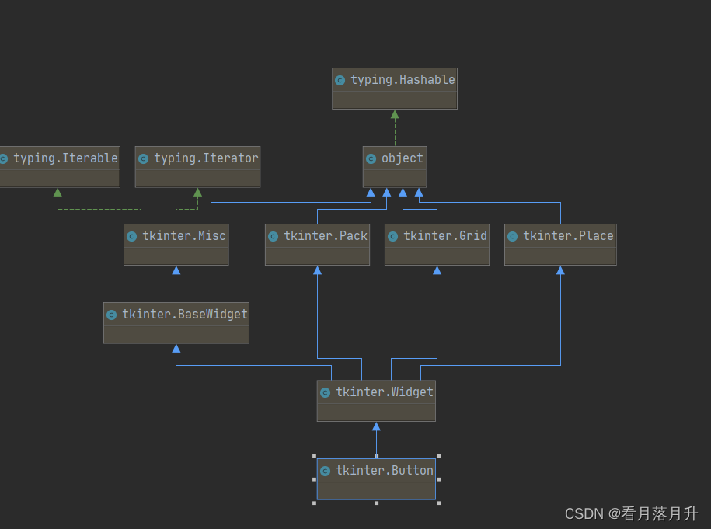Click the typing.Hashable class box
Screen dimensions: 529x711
(x=394, y=89)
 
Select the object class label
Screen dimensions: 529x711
(x=402, y=158)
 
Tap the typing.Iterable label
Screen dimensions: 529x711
(x=65, y=158)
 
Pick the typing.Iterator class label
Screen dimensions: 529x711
(x=205, y=158)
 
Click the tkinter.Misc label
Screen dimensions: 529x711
(x=183, y=236)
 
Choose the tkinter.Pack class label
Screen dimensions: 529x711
(x=325, y=236)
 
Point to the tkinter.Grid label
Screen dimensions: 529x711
(x=444, y=236)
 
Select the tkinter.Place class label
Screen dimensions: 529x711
(x=567, y=236)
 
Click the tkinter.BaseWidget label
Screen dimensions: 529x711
(x=184, y=315)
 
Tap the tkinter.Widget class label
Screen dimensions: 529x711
(x=384, y=392)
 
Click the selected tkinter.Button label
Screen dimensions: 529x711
(x=384, y=471)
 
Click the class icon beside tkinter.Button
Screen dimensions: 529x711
(x=325, y=471)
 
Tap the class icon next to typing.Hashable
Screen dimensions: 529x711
(x=340, y=80)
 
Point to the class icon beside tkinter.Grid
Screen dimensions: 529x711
(x=392, y=236)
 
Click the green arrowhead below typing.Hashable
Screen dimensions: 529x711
(x=395, y=114)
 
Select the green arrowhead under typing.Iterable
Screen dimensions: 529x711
(x=58, y=192)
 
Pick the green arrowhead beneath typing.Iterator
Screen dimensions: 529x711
(x=198, y=192)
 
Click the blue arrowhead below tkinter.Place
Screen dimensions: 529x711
(x=560, y=270)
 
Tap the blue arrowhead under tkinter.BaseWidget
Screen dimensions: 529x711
(x=176, y=349)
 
